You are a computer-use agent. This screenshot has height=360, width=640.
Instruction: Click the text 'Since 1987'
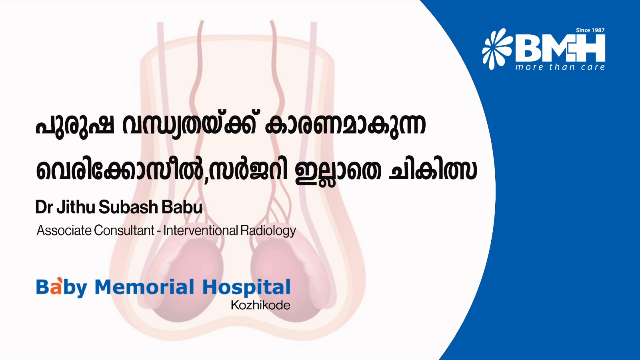click(x=590, y=30)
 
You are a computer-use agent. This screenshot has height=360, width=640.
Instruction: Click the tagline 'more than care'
click(x=560, y=67)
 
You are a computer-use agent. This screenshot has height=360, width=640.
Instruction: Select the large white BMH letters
click(x=560, y=48)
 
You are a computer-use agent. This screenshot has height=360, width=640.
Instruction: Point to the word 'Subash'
click(x=128, y=207)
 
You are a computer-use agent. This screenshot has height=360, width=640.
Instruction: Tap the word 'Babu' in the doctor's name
click(x=182, y=207)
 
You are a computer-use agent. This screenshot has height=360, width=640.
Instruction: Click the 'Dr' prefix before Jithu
click(x=44, y=207)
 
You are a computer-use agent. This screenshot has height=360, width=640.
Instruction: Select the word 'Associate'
click(x=64, y=230)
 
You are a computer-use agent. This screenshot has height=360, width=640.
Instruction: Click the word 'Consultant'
click(x=124, y=230)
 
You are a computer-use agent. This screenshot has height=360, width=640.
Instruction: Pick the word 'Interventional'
click(x=200, y=230)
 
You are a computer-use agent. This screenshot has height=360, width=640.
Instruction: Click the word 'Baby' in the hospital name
click(x=62, y=287)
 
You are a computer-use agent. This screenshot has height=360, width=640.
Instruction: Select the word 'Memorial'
click(x=144, y=287)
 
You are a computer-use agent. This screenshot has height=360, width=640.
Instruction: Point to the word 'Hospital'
click(x=246, y=287)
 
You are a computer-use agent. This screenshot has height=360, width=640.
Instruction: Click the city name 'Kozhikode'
click(x=260, y=305)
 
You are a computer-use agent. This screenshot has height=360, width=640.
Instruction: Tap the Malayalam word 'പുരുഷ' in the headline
click(x=75, y=125)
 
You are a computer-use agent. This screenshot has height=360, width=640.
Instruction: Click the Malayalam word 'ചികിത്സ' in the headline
click(x=433, y=170)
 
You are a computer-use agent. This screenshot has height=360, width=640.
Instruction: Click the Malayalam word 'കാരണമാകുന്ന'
click(x=345, y=125)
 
